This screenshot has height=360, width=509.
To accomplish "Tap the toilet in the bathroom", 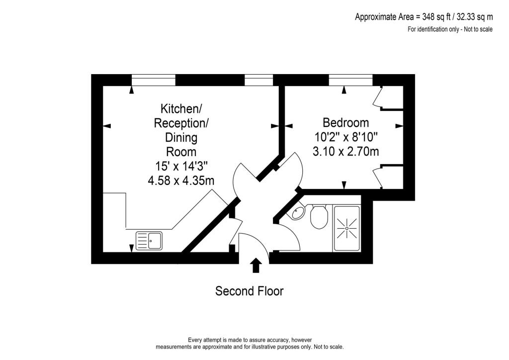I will [319, 217].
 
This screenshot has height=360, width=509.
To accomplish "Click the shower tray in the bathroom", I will [347, 228].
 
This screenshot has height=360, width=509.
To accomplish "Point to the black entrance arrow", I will [256, 265].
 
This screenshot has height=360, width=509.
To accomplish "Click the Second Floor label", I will [249, 291].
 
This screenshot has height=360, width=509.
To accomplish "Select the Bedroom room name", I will [345, 122].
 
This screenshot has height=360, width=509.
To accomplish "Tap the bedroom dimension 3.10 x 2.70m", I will [345, 152].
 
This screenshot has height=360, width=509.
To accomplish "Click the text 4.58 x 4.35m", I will [181, 180].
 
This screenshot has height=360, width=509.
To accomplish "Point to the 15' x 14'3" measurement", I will [181, 166].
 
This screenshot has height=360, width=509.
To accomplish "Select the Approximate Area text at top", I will [424, 17].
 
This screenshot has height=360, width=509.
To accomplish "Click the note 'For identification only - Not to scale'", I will [450, 29].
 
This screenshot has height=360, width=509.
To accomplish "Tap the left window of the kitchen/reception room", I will [154, 80].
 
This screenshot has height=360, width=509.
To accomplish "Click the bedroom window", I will [350, 80].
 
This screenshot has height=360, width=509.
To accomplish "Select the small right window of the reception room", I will [259, 80].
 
